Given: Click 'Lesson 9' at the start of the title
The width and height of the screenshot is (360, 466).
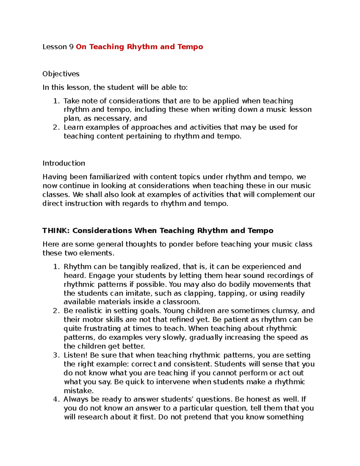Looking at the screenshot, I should pos(58,47).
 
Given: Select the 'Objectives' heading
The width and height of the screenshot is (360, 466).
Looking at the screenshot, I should pos(61,74).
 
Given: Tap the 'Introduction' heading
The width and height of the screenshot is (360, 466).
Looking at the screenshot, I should pos(64,163).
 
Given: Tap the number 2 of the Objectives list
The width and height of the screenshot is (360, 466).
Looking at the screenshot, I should pos(55,127).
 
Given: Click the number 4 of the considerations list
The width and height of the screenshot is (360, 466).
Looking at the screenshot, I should pos(55,399).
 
